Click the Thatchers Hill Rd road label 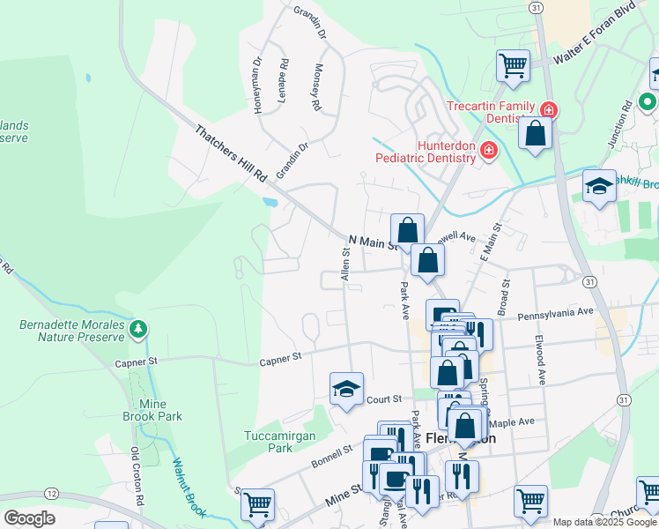tap(231, 153)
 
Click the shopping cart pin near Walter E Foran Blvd tap(512, 64)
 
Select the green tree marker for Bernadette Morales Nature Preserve tap(137, 330)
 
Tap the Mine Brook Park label tap(159, 408)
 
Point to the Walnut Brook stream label tap(189, 486)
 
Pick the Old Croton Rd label tap(136, 477)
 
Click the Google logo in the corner tap(29, 518)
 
